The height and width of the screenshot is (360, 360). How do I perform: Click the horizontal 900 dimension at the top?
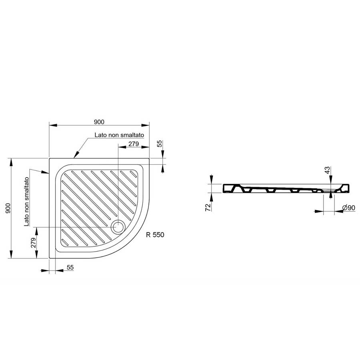click(x=99, y=121)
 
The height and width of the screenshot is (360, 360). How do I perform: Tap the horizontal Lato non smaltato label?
click(x=119, y=135)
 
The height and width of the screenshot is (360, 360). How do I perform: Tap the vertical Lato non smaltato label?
click(x=26, y=202)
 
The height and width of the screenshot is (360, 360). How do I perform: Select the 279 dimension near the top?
click(x=133, y=144)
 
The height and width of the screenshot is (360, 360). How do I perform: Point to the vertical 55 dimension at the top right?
click(x=160, y=144)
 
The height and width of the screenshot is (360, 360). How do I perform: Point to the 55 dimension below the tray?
click(x=70, y=268)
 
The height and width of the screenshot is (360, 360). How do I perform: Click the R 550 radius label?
click(x=155, y=235)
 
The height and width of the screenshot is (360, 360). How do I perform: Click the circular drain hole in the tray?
click(x=119, y=227)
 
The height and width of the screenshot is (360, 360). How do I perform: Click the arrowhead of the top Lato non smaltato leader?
click(x=74, y=156)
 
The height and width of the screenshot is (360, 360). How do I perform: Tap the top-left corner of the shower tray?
click(x=50, y=158)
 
